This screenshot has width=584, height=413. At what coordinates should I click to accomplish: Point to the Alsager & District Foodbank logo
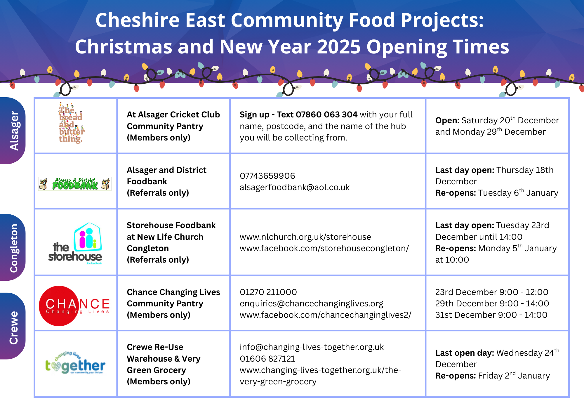point(75,184)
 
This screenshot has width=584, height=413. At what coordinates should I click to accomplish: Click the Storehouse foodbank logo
point(75,244)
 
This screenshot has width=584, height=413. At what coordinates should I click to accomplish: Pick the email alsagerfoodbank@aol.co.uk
point(295,187)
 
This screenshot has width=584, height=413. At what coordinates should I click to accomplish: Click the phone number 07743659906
point(267,176)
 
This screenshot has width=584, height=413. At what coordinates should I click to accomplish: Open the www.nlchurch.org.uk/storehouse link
point(305,237)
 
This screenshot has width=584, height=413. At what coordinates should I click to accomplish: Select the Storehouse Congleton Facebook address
point(324,248)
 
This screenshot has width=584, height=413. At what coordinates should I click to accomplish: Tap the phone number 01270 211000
point(268,292)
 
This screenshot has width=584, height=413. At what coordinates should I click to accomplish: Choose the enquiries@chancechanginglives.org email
point(311,304)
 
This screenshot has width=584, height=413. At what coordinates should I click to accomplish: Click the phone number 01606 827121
point(267,359)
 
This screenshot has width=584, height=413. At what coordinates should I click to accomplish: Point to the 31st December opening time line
point(491,315)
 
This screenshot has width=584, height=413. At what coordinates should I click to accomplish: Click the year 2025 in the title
point(339,47)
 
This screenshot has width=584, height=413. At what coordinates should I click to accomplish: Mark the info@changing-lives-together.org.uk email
point(312,347)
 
